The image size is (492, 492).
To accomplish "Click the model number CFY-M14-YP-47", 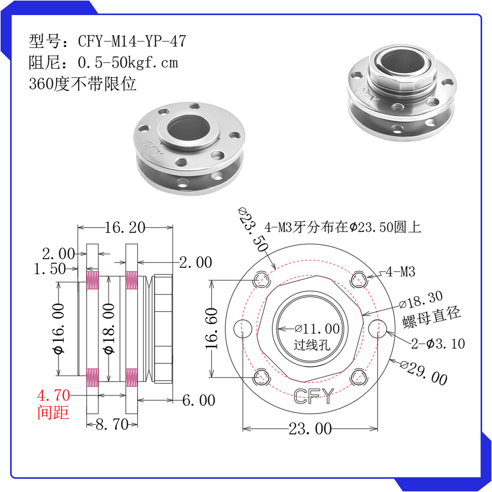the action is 132,41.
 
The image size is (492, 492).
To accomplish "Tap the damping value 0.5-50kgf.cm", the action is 128,63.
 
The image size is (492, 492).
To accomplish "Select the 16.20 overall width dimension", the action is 125,228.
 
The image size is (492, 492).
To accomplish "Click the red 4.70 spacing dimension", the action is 54,395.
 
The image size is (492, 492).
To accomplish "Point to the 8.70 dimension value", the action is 112,424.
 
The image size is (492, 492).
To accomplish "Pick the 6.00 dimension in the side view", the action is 199,400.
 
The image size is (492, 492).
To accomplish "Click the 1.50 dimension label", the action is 50,269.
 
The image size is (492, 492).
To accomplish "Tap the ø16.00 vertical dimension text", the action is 58,328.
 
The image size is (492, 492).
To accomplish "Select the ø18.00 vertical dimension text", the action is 109,328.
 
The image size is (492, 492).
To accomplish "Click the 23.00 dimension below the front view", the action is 310,429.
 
